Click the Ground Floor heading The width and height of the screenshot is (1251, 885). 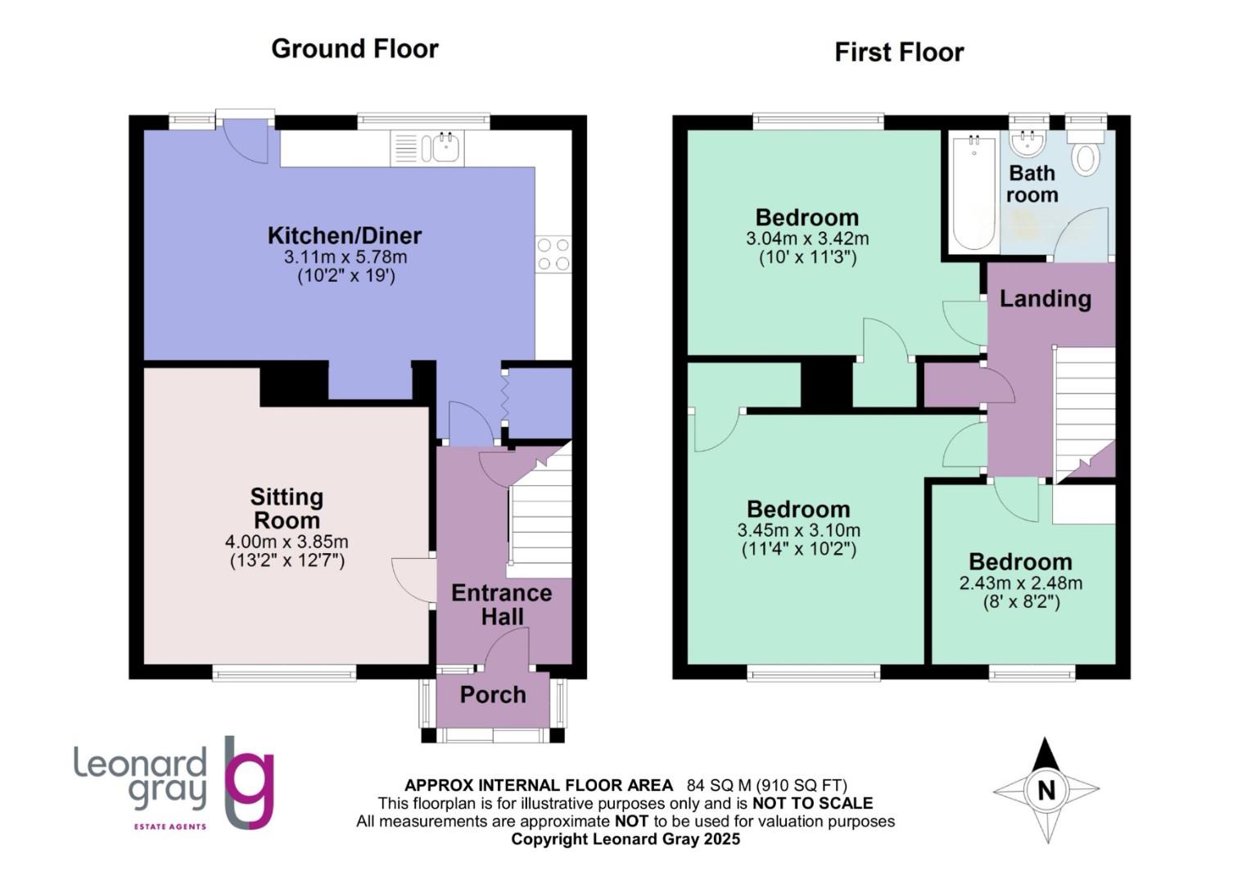click(355, 49)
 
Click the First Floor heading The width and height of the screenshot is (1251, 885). click(898, 52)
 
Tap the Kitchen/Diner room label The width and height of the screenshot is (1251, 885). click(345, 236)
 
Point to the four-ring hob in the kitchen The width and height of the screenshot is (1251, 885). click(553, 254)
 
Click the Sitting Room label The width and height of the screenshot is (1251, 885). click(287, 508)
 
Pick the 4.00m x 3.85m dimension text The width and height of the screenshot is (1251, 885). click(287, 542)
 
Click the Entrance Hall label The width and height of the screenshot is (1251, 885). click(501, 605)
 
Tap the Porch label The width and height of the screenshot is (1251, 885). click(492, 695)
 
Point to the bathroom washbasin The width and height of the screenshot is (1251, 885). click(1027, 144)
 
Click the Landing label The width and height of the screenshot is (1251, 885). click(1045, 298)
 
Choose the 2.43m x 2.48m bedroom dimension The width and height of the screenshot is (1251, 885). click(1020, 583)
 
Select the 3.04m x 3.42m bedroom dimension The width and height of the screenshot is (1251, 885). click(806, 239)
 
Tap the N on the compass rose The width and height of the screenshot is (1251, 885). click(1046, 791)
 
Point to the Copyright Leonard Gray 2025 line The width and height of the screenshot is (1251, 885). click(625, 839)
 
